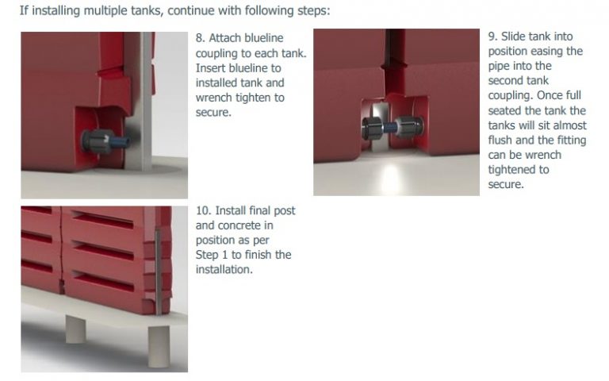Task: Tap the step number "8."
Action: click(x=201, y=38)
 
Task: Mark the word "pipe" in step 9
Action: click(x=500, y=66)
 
